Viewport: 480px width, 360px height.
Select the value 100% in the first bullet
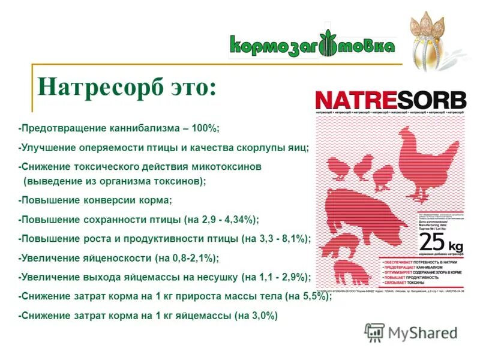(206, 128)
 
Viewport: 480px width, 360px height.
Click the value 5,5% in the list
(313, 296)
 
